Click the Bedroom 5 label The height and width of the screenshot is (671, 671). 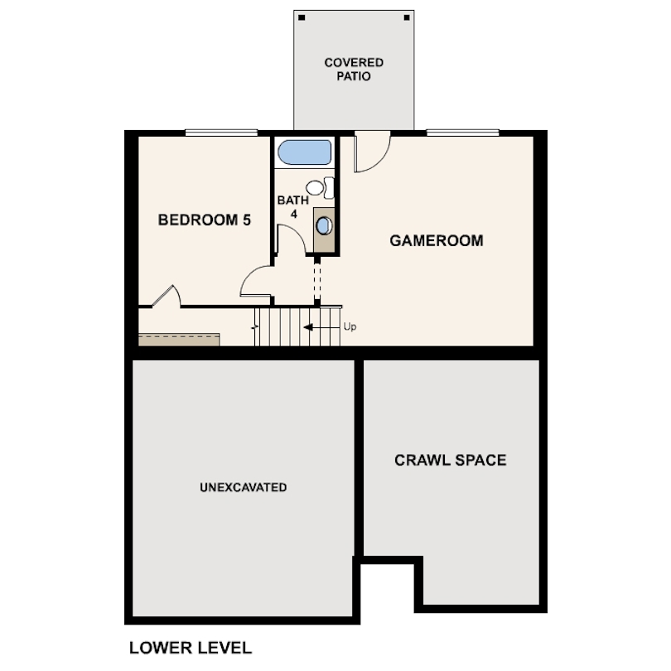(205, 220)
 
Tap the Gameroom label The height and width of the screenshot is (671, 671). (437, 241)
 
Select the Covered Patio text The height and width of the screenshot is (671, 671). (354, 70)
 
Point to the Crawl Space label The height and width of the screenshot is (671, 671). (450, 460)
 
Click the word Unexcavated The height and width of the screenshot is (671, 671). (243, 487)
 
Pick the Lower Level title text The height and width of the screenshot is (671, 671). (190, 647)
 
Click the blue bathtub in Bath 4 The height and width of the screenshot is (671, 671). (304, 153)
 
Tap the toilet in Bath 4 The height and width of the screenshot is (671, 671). (321, 188)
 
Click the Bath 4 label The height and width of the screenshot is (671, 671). (292, 206)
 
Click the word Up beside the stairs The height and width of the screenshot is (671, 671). (350, 327)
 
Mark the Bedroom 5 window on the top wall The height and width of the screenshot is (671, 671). (221, 133)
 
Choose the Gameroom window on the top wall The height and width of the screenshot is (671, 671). (462, 133)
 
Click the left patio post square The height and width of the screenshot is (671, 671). (302, 18)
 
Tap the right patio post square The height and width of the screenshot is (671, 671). (406, 18)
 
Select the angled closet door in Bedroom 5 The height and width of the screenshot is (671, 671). (164, 296)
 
